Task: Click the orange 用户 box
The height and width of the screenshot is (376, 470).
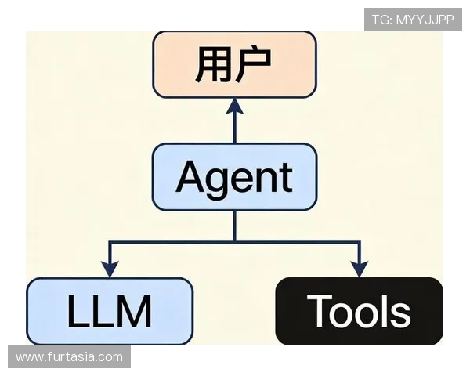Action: (x=234, y=64)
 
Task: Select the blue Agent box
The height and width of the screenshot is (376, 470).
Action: (x=234, y=177)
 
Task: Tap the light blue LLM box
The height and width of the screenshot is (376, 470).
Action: (x=110, y=311)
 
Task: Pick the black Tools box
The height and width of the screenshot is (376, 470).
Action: (x=359, y=311)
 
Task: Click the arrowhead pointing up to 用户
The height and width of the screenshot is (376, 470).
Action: (x=234, y=106)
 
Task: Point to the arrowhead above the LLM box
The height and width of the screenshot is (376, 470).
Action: (x=110, y=269)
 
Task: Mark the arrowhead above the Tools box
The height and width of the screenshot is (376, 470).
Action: (x=359, y=269)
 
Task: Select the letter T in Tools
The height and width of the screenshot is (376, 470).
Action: (x=318, y=311)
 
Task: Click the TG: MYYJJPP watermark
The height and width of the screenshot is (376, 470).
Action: (x=412, y=20)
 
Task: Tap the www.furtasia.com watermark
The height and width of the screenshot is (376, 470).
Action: (x=69, y=357)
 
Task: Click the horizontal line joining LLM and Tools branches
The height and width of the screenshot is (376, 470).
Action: (x=298, y=242)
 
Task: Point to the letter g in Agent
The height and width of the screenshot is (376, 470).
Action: (x=220, y=182)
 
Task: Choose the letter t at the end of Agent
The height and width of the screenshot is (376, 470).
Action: (x=285, y=177)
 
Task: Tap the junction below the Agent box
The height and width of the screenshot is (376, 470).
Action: (x=234, y=242)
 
